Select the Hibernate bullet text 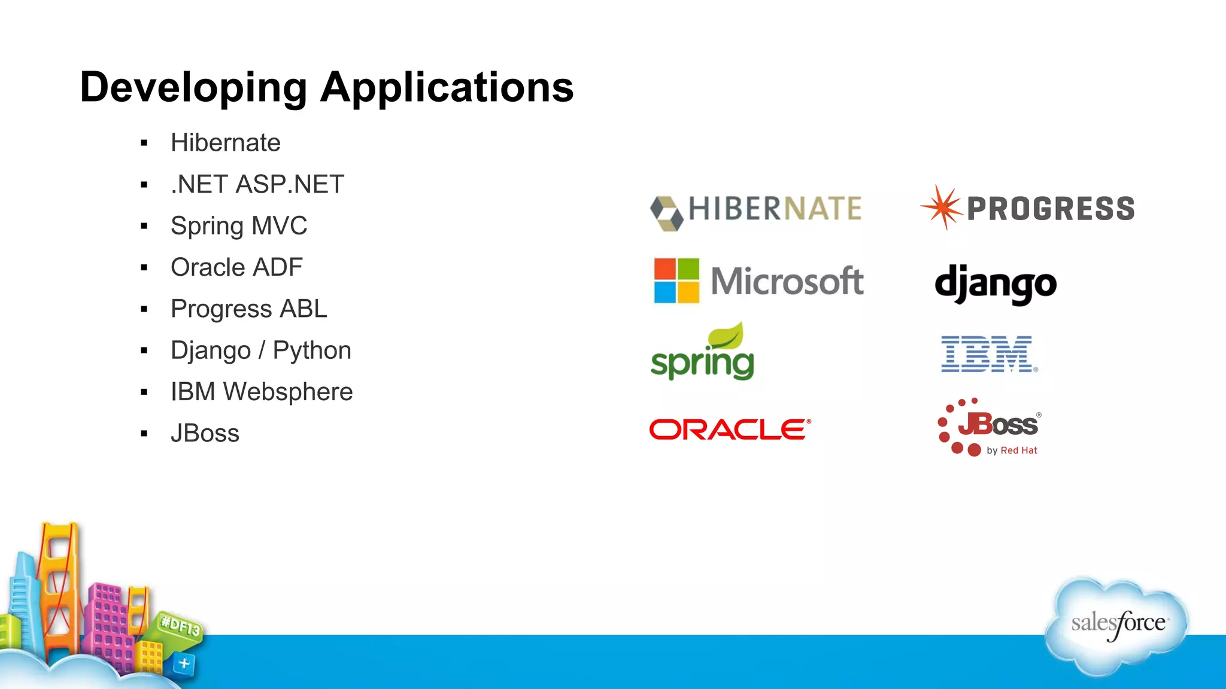(x=225, y=143)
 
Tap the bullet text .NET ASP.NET (x=257, y=184)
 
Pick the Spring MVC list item (x=238, y=226)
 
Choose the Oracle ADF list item (x=236, y=267)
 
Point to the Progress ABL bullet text (x=248, y=309)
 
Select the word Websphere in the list (x=287, y=392)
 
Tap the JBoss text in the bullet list (x=205, y=434)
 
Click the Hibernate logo (x=755, y=210)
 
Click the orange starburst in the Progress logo (x=942, y=207)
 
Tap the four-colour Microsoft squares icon (x=676, y=281)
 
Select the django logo (x=995, y=285)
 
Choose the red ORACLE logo (x=730, y=429)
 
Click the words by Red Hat (x=1012, y=450)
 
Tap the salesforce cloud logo (x=1117, y=624)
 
